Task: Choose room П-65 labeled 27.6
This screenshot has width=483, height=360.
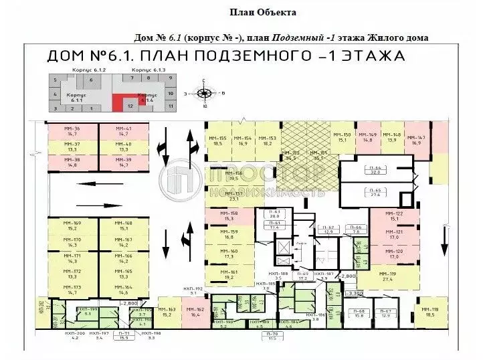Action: [377, 193]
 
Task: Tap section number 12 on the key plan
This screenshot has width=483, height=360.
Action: [130, 106]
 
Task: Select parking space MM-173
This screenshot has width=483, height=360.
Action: [72, 289]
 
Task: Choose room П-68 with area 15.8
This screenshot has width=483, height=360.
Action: [359, 314]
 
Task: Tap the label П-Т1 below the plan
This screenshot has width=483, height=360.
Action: [124, 335]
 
